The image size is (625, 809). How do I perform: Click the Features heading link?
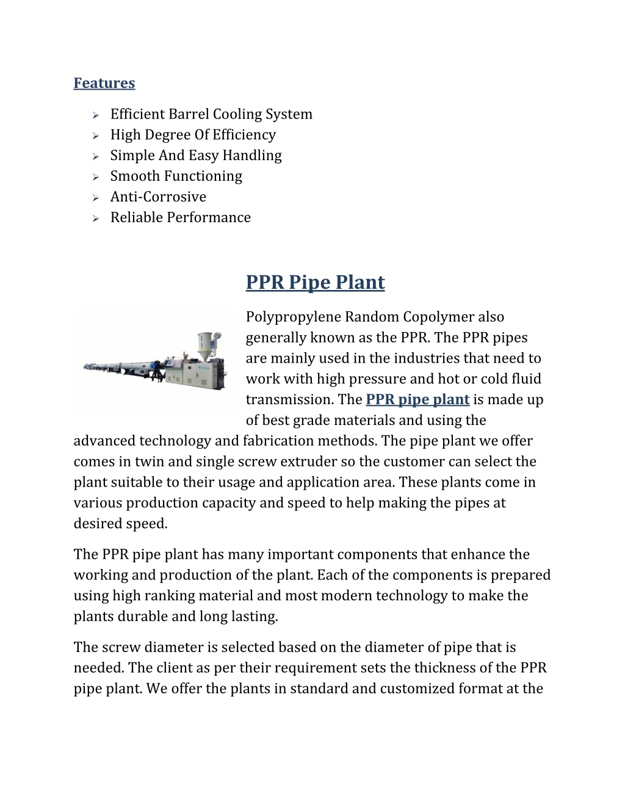coord(104,83)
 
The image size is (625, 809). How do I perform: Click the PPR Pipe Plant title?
coord(315,283)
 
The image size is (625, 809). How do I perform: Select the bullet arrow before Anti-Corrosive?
coord(95,198)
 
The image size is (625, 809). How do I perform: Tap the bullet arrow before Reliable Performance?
coord(95,219)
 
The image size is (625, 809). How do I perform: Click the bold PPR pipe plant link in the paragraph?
coord(417,400)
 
